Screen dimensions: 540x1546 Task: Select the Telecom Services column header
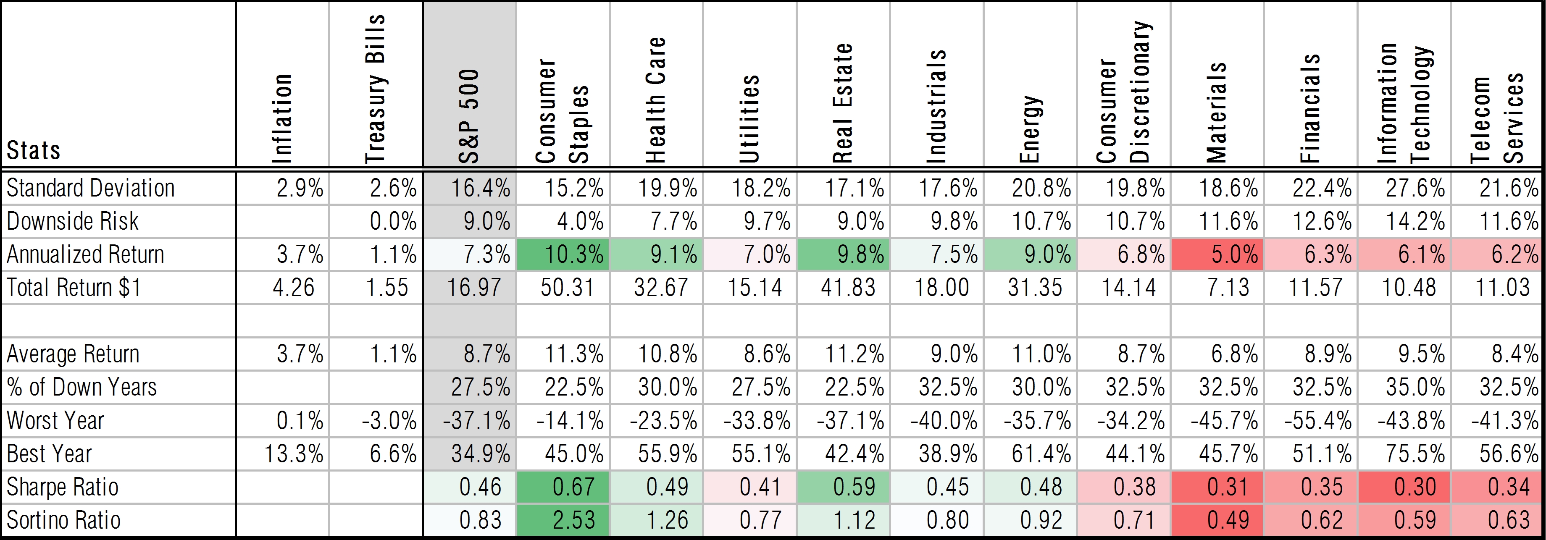pos(1497,118)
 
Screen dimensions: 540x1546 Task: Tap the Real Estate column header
pos(843,103)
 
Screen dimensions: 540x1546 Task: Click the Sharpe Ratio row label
pos(63,487)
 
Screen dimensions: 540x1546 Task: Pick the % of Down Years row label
pos(82,387)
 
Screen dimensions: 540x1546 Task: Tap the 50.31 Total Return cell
pos(567,287)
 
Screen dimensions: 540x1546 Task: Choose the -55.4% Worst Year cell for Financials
pos(1317,421)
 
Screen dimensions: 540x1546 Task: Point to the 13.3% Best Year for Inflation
pos(294,453)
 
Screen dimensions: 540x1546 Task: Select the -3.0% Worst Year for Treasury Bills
pos(389,421)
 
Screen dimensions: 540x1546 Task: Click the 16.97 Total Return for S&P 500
pos(473,287)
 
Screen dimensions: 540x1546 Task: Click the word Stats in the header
pos(34,150)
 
